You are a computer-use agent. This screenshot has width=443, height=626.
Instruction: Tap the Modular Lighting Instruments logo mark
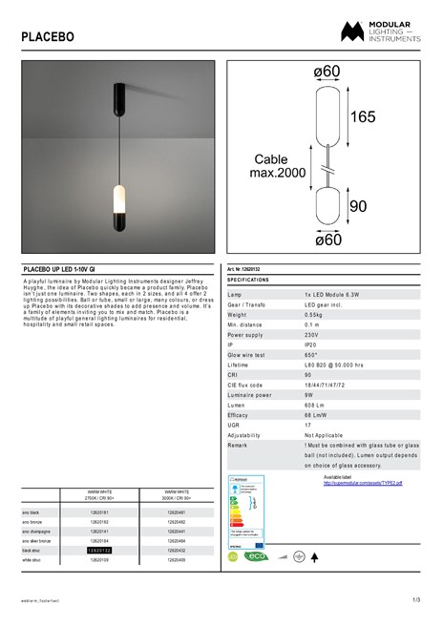[x=351, y=32]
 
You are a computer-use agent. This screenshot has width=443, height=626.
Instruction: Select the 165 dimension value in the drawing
[x=363, y=117]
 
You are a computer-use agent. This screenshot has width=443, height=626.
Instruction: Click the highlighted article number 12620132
[x=100, y=551]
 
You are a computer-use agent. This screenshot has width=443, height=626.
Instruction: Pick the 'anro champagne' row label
[x=38, y=532]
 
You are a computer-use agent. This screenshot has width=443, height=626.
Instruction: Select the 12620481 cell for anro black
[x=177, y=514]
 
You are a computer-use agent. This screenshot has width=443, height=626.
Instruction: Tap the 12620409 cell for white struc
[x=177, y=559]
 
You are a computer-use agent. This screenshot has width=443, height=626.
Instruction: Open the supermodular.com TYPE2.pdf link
[x=362, y=483]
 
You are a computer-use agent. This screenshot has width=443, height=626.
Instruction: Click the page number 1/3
[x=416, y=599]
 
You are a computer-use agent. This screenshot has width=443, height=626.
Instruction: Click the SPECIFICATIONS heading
[x=249, y=280]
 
